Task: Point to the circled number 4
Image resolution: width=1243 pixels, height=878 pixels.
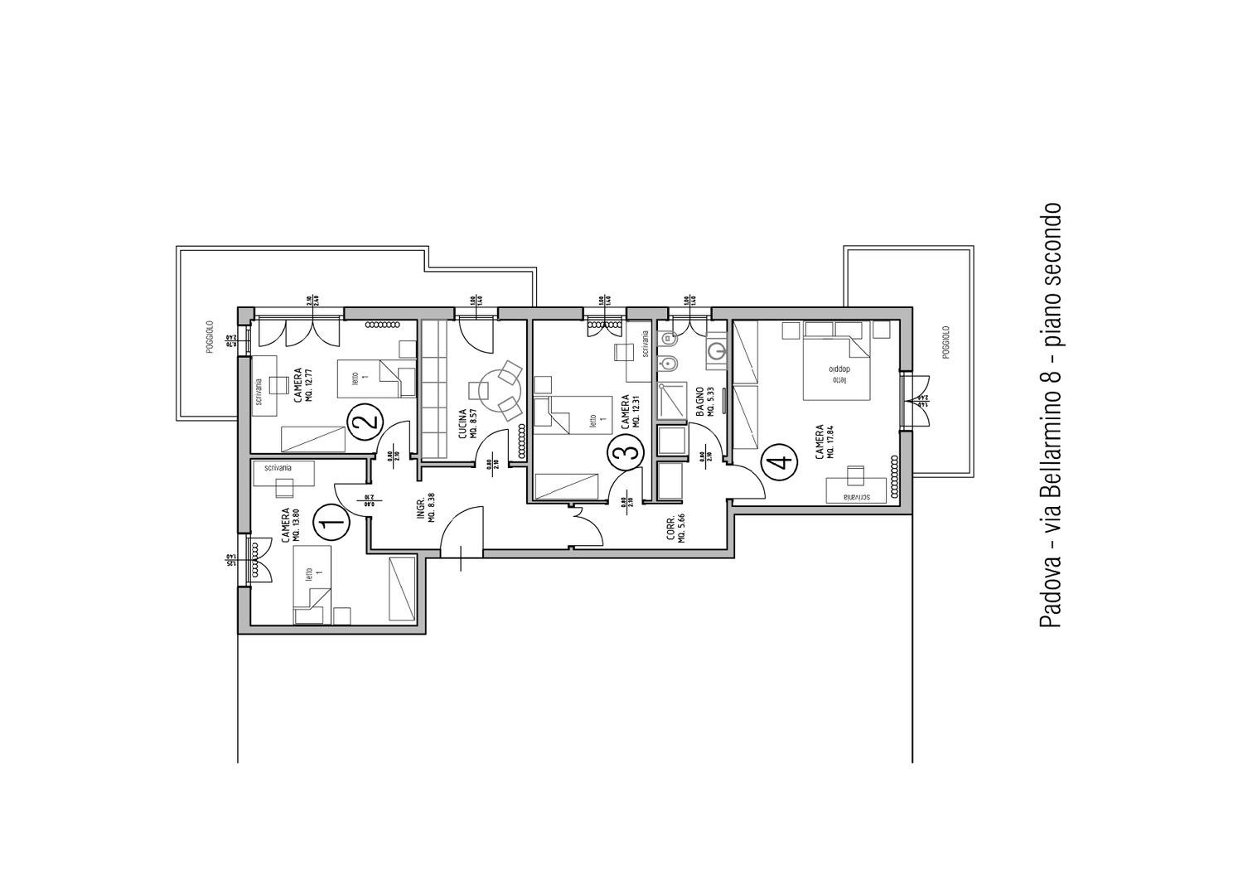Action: tap(778, 461)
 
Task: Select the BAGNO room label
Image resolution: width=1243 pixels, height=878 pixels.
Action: tap(701, 402)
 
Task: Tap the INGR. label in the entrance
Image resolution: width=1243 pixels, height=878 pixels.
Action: tap(421, 507)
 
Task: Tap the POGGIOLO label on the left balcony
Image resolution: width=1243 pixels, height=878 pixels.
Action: tap(210, 337)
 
